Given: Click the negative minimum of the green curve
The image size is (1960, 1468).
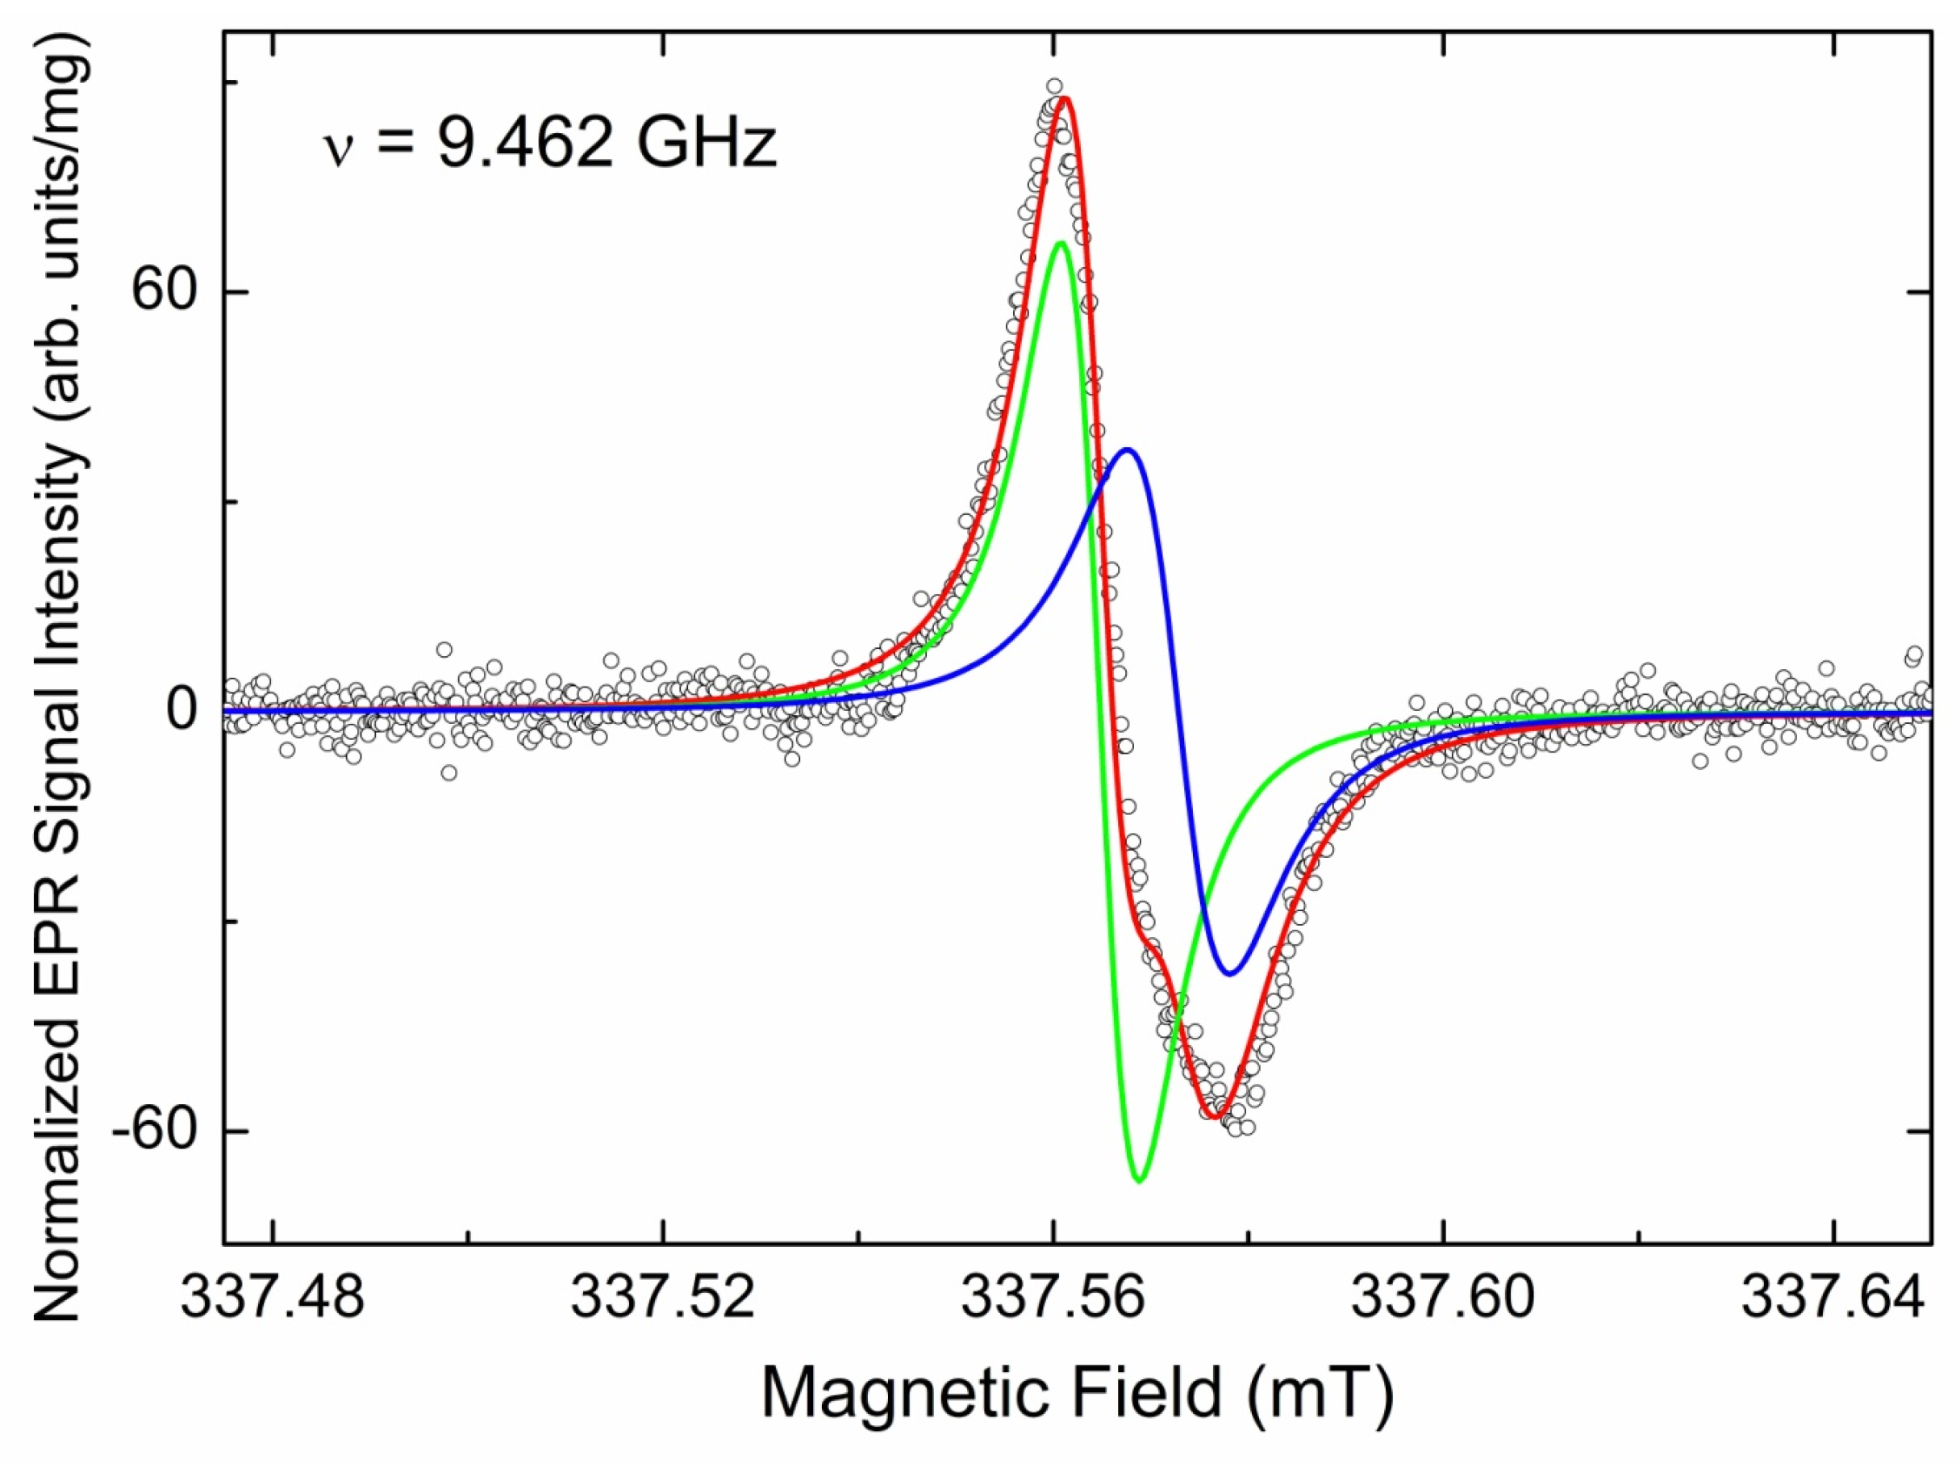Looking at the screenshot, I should pos(1141,1181).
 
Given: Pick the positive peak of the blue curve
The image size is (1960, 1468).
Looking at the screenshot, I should pos(1127,450).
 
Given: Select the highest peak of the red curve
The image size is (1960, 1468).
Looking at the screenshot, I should pos(1066,98).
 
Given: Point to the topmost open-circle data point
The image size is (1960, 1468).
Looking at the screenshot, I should pos(1054,86).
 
